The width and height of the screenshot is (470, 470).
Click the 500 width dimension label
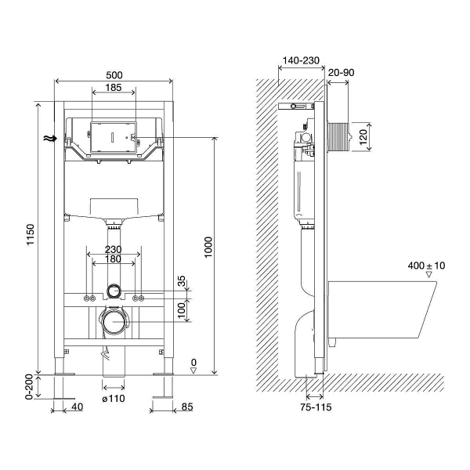114,75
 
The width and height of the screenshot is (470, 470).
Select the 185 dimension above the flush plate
114,88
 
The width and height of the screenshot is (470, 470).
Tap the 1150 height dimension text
31,235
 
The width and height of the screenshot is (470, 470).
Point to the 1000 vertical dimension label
208,248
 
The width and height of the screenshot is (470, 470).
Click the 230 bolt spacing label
114,249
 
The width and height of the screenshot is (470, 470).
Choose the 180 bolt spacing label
114,259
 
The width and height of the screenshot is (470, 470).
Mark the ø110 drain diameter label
114,399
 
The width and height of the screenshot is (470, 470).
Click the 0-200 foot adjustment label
29,387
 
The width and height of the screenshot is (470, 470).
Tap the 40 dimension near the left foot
77,407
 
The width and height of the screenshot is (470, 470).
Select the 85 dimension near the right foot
187,407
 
